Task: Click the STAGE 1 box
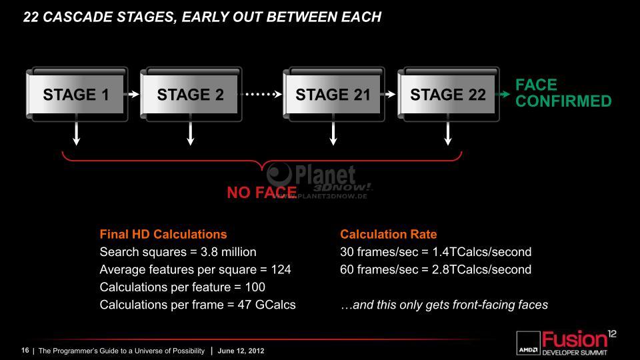point(77,94)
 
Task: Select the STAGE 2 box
point(191,94)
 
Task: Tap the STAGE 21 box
point(333,94)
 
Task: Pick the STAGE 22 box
point(448,94)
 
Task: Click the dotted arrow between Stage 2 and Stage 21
point(262,94)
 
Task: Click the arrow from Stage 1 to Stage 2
point(134,94)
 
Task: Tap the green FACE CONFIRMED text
point(563,93)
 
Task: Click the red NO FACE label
point(261,192)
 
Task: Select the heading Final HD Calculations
point(163,234)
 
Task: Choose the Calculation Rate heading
point(389,234)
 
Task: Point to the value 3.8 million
point(228,252)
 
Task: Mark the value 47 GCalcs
point(267,305)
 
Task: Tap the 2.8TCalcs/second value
point(481,269)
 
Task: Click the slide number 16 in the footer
point(25,350)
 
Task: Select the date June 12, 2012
point(241,351)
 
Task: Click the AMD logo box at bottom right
point(528,343)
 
